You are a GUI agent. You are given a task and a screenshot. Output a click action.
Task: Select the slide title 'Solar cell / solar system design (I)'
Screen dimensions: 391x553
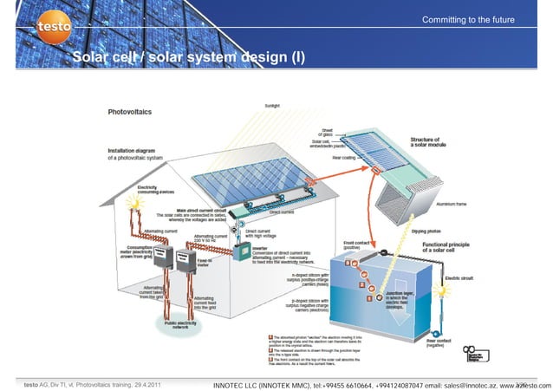point(188,58)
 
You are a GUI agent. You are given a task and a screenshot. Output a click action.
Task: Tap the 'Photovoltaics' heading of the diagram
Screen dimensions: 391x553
point(131,112)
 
